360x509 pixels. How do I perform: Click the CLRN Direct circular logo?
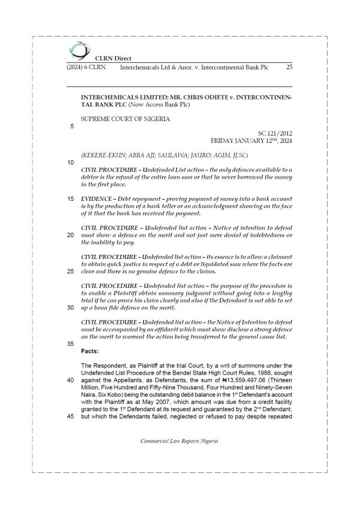77,49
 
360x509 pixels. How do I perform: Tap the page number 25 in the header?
289,67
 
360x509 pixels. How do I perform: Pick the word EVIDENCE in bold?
99,197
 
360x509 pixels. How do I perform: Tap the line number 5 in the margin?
72,127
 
